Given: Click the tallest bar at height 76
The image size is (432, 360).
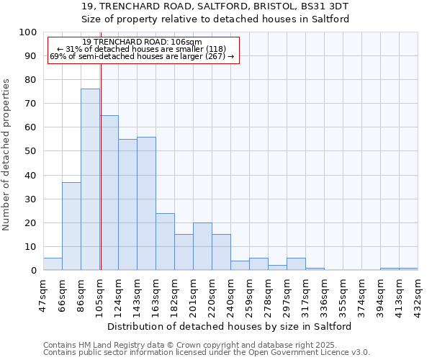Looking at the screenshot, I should (x=90, y=179).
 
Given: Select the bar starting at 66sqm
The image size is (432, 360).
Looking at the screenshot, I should (x=71, y=226).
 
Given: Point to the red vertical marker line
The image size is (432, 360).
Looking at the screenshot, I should (x=101, y=158).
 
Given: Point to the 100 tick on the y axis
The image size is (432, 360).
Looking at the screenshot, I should (x=28, y=32).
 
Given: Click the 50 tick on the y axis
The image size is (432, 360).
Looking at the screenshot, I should (x=30, y=151).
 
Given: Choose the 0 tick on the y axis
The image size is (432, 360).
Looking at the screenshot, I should (x=33, y=270).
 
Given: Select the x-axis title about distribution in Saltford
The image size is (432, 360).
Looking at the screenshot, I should (x=230, y=326).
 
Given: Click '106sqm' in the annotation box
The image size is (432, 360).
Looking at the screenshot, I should (x=187, y=42).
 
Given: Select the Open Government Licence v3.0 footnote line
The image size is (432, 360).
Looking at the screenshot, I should (x=206, y=352).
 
